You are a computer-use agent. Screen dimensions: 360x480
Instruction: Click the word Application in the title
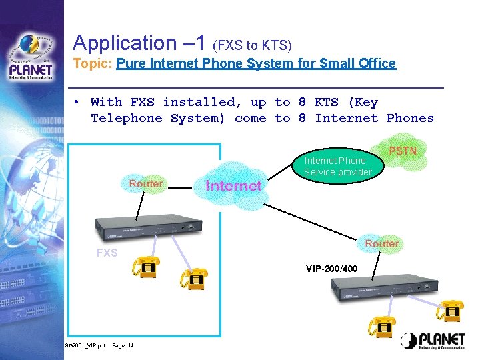tap(124, 43)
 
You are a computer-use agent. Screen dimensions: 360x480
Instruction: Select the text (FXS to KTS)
tap(252, 46)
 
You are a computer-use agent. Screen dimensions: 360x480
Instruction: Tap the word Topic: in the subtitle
tap(93, 64)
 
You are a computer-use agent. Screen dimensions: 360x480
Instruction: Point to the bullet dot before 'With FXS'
tap(77, 103)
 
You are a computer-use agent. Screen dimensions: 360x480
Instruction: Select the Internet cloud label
tap(233, 185)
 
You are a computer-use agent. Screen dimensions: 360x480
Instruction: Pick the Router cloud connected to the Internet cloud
tap(145, 184)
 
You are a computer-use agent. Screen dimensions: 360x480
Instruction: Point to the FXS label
tap(107, 253)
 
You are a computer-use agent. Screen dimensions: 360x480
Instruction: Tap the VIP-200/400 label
tap(331, 269)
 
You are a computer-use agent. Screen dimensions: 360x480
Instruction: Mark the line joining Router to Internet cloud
tap(179, 189)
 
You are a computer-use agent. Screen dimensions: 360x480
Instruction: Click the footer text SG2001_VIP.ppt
tap(85, 346)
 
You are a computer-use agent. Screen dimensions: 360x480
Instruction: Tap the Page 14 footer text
tap(123, 346)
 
